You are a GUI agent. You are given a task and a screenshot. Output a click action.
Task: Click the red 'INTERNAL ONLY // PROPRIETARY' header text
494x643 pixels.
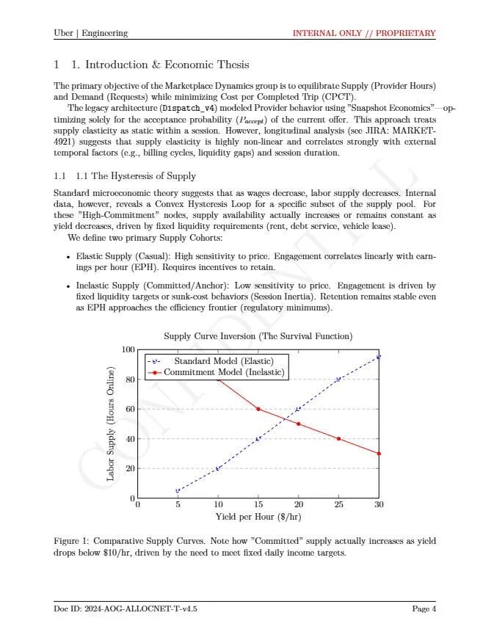363,33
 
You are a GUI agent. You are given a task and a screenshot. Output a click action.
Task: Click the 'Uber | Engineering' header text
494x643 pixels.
91,33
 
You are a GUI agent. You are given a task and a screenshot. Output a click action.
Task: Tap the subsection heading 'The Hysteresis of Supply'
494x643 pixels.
136,176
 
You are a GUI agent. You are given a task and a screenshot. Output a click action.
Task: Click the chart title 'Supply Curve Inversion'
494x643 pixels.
258,336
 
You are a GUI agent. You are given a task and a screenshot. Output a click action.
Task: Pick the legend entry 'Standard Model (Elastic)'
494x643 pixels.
223,361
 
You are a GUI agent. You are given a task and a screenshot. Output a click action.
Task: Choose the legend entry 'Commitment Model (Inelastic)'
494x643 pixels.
223,372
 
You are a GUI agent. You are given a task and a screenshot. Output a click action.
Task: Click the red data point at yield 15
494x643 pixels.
258,409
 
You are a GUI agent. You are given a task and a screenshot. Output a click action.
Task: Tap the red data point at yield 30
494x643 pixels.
379,454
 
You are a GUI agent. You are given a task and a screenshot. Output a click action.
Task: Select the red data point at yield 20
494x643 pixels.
298,424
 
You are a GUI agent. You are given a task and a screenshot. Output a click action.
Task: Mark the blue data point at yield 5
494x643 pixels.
178,490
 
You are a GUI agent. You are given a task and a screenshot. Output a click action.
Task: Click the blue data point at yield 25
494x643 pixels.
338,379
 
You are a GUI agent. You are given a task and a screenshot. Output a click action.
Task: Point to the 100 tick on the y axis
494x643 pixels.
128,349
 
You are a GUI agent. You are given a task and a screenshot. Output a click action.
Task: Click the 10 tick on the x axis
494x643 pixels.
218,504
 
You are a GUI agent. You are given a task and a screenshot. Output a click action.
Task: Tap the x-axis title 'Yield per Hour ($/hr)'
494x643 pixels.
258,517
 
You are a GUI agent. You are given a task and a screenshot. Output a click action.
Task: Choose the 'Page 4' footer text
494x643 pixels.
424,609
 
